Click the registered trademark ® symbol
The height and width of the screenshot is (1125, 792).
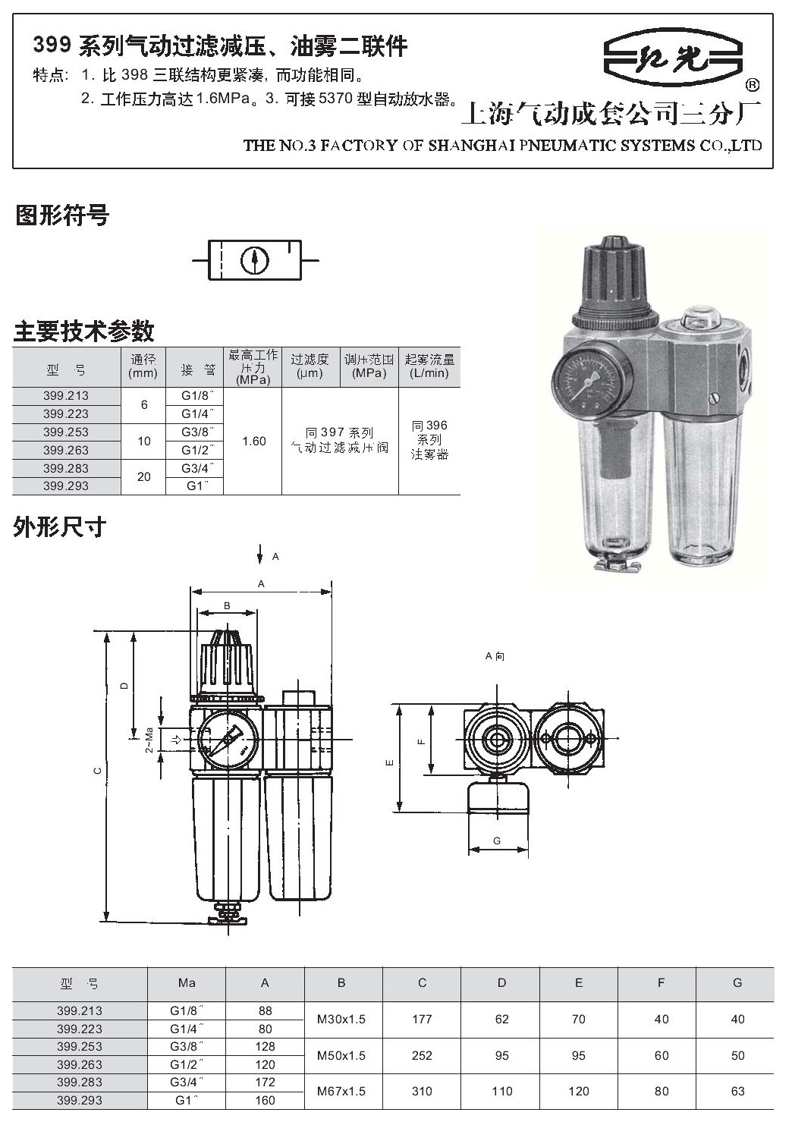(752, 86)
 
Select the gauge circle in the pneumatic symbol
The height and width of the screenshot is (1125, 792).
(255, 260)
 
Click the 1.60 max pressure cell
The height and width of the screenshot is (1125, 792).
(254, 442)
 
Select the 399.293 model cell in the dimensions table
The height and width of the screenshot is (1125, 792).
(80, 1100)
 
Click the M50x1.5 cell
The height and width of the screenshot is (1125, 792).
(341, 1056)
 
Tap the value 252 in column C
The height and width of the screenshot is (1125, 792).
(422, 1056)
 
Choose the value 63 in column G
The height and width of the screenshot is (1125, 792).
(738, 1092)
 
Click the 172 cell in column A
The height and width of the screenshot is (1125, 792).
(266, 1083)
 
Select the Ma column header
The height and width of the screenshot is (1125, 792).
(187, 983)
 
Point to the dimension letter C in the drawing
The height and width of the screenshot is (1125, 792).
(99, 771)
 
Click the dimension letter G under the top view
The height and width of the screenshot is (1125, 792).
(497, 841)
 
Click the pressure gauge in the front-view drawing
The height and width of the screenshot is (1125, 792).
(228, 740)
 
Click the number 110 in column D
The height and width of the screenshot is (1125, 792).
(502, 1092)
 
